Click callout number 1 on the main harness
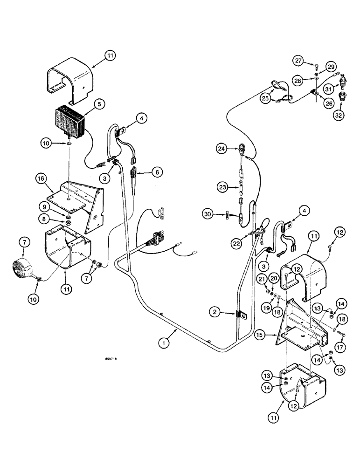[163, 343]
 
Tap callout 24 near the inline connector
[222, 149]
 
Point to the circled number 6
[156, 172]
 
